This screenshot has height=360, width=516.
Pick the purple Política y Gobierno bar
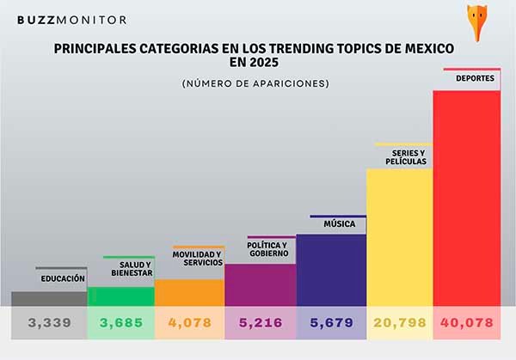point(260,284)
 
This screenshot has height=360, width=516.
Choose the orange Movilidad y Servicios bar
point(189,293)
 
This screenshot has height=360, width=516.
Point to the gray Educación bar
point(49,298)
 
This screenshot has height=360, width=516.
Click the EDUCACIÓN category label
point(63,278)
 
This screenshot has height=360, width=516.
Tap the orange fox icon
point(498,16)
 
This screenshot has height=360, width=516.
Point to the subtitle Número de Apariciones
point(255,83)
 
